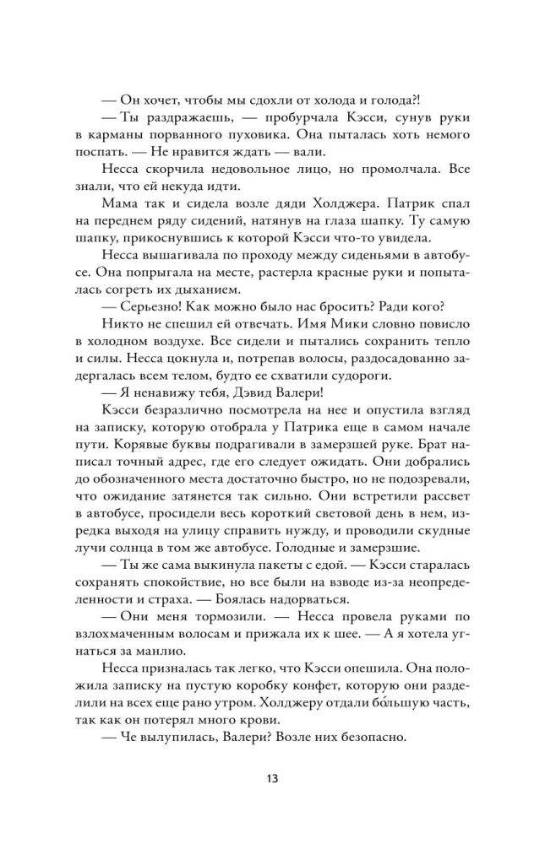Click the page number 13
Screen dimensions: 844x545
coord(271,777)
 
